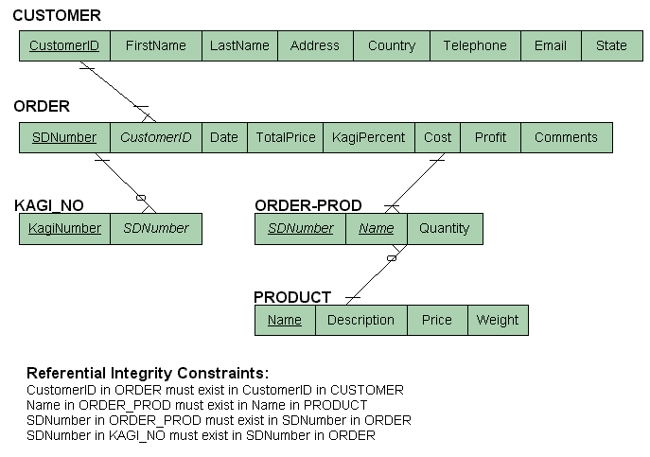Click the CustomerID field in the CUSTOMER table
[64, 45]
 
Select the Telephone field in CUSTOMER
[475, 45]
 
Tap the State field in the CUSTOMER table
[611, 45]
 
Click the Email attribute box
[551, 45]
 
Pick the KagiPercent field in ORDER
[368, 137]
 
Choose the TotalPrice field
[286, 137]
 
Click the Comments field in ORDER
[566, 137]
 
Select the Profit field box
[490, 137]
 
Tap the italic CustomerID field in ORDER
[156, 137]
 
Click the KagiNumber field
[64, 228]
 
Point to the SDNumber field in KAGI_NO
[156, 228]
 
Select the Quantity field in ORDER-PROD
[445, 228]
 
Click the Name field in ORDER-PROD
[377, 228]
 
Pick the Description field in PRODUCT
[360, 320]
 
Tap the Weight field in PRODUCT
[498, 320]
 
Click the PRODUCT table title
[292, 297]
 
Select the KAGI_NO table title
[49, 205]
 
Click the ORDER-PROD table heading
[308, 205]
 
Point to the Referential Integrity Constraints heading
[148, 373]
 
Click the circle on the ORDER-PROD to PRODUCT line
[391, 257]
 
